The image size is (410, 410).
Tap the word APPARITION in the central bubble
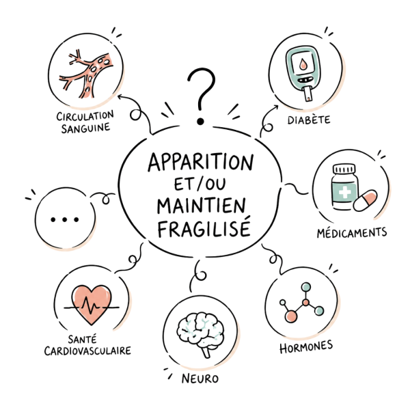click(x=200, y=162)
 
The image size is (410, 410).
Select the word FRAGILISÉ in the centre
click(x=204, y=228)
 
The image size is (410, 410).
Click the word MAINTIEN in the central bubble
click(x=202, y=206)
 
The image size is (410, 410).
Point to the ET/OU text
click(x=200, y=184)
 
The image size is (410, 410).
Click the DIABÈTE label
click(x=309, y=120)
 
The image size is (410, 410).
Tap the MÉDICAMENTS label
click(x=352, y=232)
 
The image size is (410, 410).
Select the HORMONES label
click(x=306, y=347)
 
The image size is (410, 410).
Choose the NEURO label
click(x=200, y=379)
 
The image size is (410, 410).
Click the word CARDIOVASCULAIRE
click(x=87, y=351)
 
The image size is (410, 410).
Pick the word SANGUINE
click(x=85, y=128)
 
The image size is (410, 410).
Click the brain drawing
click(x=200, y=333)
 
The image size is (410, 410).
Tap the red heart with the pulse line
click(x=92, y=305)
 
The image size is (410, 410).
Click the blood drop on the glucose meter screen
click(x=303, y=64)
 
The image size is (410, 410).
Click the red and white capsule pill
click(x=366, y=200)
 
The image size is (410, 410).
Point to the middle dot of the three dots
click(x=65, y=219)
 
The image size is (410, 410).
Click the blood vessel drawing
click(x=86, y=74)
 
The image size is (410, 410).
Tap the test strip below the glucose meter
click(x=308, y=94)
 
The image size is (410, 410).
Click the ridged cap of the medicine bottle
click(x=344, y=169)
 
